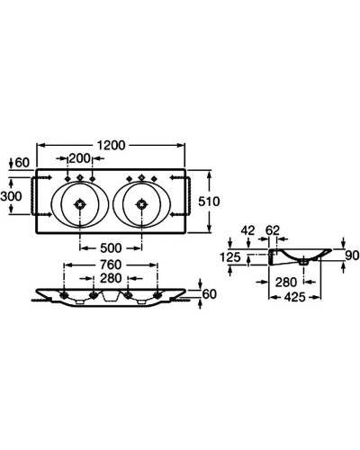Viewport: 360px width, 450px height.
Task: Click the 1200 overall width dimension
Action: pyautogui.click(x=111, y=145)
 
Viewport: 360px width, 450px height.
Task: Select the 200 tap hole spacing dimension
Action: pyautogui.click(x=79, y=158)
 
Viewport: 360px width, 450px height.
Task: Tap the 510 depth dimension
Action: pyautogui.click(x=209, y=202)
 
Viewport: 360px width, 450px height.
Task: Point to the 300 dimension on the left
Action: pyautogui.click(x=11, y=196)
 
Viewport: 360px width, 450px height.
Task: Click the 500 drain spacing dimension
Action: pyautogui.click(x=111, y=248)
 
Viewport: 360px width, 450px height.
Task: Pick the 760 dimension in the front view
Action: pyautogui.click(x=111, y=265)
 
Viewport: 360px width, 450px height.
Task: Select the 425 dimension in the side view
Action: pyautogui.click(x=294, y=297)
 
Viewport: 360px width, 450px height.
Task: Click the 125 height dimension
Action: pyautogui.click(x=230, y=257)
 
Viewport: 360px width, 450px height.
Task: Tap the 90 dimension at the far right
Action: pyautogui.click(x=352, y=256)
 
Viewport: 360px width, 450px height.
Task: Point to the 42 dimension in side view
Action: pyautogui.click(x=248, y=230)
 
